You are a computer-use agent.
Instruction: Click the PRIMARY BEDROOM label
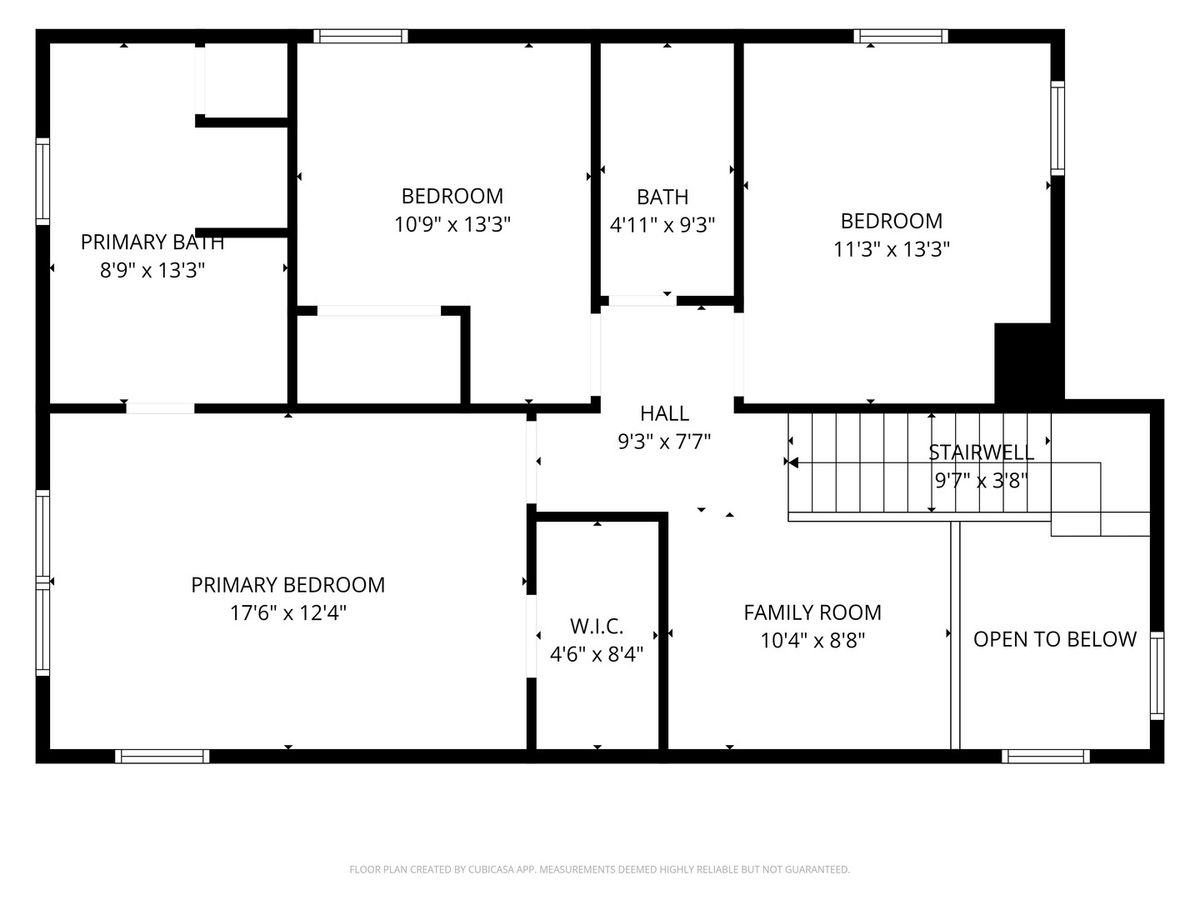288,585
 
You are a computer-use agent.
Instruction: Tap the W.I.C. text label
596,626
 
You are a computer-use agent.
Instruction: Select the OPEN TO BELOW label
1055,639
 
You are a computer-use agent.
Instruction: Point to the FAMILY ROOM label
812,613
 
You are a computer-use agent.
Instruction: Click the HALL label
664,414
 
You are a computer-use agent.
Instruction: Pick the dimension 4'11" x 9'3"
663,225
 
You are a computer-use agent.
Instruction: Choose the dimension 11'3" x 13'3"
891,250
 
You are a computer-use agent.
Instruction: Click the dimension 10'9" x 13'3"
452,224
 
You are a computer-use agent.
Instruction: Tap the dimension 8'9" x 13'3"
152,270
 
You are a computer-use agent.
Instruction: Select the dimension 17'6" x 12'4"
288,613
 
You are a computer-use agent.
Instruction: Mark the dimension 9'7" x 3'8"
981,481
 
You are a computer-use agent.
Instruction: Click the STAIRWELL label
981,452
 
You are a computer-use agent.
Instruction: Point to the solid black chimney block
1029,363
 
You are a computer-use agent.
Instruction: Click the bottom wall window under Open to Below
1045,756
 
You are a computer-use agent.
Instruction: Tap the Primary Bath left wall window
43,181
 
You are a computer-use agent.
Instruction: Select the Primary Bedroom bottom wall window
162,756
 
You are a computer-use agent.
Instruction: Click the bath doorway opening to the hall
642,301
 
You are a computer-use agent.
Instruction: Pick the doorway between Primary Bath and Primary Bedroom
160,408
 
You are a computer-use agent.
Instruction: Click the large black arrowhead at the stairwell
794,463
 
